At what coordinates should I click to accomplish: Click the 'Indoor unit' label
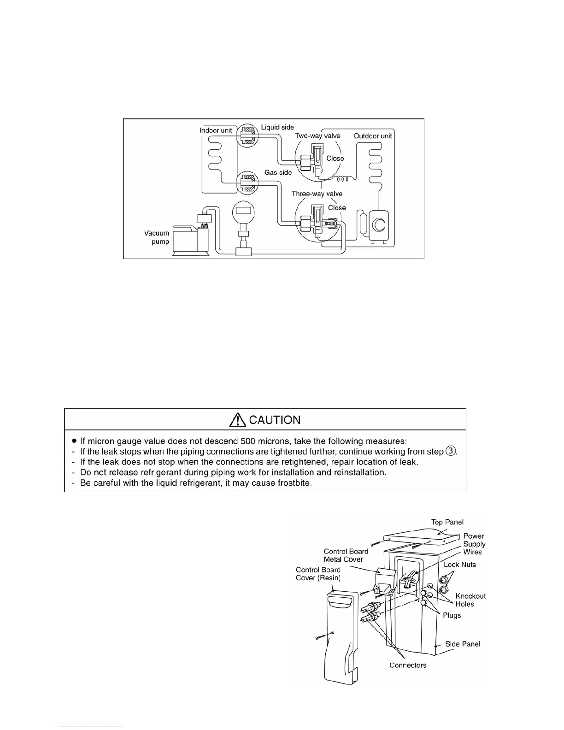tap(216, 130)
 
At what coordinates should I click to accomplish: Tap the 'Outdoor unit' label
tap(373, 136)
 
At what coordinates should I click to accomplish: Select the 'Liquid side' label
tap(277, 127)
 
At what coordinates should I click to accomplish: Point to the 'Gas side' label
tap(278, 172)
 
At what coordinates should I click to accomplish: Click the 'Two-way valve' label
tap(317, 135)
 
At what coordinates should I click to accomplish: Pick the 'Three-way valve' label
tap(317, 194)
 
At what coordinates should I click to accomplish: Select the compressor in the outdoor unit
tap(379, 225)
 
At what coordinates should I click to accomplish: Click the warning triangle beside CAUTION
tap(238, 419)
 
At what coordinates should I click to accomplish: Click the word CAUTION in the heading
tap(275, 420)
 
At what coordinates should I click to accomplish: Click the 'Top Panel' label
tap(447, 522)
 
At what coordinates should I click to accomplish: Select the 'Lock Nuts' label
tap(460, 565)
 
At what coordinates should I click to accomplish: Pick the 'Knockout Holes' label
tap(470, 600)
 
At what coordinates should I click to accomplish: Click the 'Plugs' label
tap(452, 616)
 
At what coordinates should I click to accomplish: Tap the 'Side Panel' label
tap(463, 644)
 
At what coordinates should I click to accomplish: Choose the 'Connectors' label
tap(408, 665)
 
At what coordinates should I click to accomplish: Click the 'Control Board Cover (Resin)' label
tap(318, 574)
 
